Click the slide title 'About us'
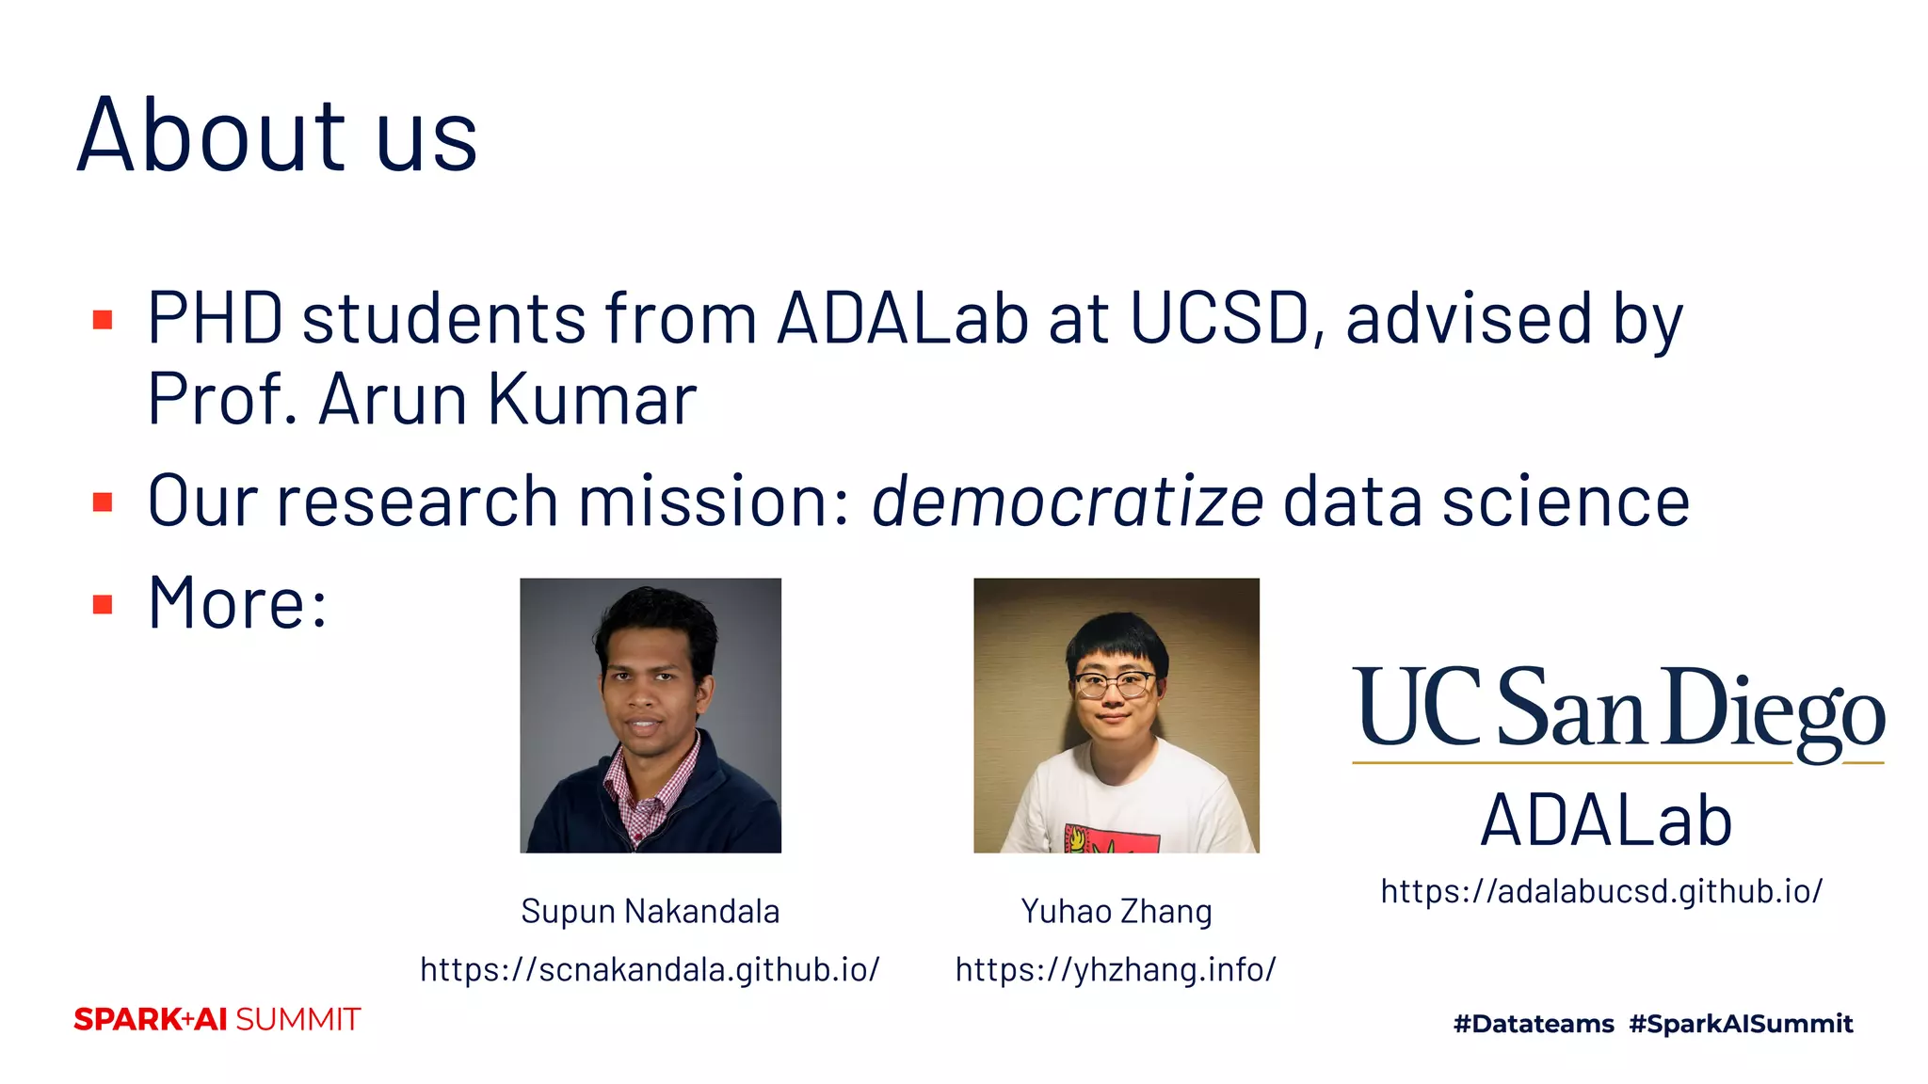point(277,136)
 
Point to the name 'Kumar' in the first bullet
point(592,399)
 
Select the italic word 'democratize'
point(1067,502)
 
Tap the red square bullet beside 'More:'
point(104,604)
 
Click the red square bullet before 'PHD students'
point(104,320)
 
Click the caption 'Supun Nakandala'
point(650,911)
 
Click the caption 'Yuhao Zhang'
point(1117,911)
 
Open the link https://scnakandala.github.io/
point(650,969)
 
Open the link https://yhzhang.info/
point(1116,969)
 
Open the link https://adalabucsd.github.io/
point(1601,890)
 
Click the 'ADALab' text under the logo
point(1606,821)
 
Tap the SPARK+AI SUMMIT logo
point(217,1019)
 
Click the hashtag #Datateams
point(1534,1024)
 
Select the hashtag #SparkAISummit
point(1741,1024)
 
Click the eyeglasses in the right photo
point(1114,685)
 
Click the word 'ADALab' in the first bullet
point(902,319)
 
